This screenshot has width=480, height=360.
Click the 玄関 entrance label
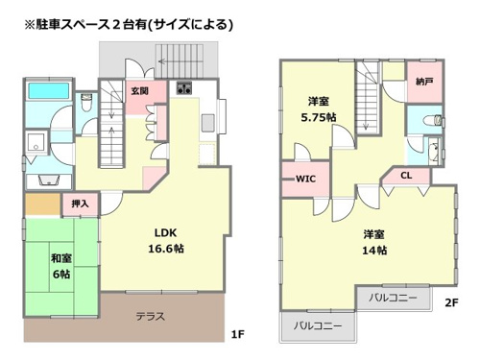click(x=140, y=91)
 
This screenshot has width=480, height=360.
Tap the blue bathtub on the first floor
click(x=49, y=91)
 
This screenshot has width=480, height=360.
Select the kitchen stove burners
click(x=184, y=88)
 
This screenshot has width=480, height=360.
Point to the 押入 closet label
click(x=80, y=204)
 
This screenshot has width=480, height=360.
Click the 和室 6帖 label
click(x=61, y=266)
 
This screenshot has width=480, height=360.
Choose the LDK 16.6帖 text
click(x=166, y=241)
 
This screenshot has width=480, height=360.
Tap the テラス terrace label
click(x=151, y=317)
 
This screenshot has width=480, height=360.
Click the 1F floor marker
click(x=238, y=334)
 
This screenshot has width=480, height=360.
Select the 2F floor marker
click(x=451, y=302)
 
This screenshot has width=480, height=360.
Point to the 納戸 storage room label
click(x=424, y=82)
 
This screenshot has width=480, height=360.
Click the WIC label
click(x=306, y=179)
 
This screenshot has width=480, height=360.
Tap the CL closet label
click(x=406, y=176)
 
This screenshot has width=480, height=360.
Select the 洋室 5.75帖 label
click(x=319, y=109)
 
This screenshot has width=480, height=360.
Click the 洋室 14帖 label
click(x=374, y=242)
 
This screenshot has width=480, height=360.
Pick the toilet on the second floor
click(x=433, y=120)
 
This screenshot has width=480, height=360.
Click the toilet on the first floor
click(x=86, y=102)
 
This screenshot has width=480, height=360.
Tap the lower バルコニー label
click(x=318, y=325)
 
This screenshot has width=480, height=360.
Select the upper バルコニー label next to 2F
click(x=393, y=298)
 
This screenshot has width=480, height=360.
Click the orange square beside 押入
click(x=43, y=204)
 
